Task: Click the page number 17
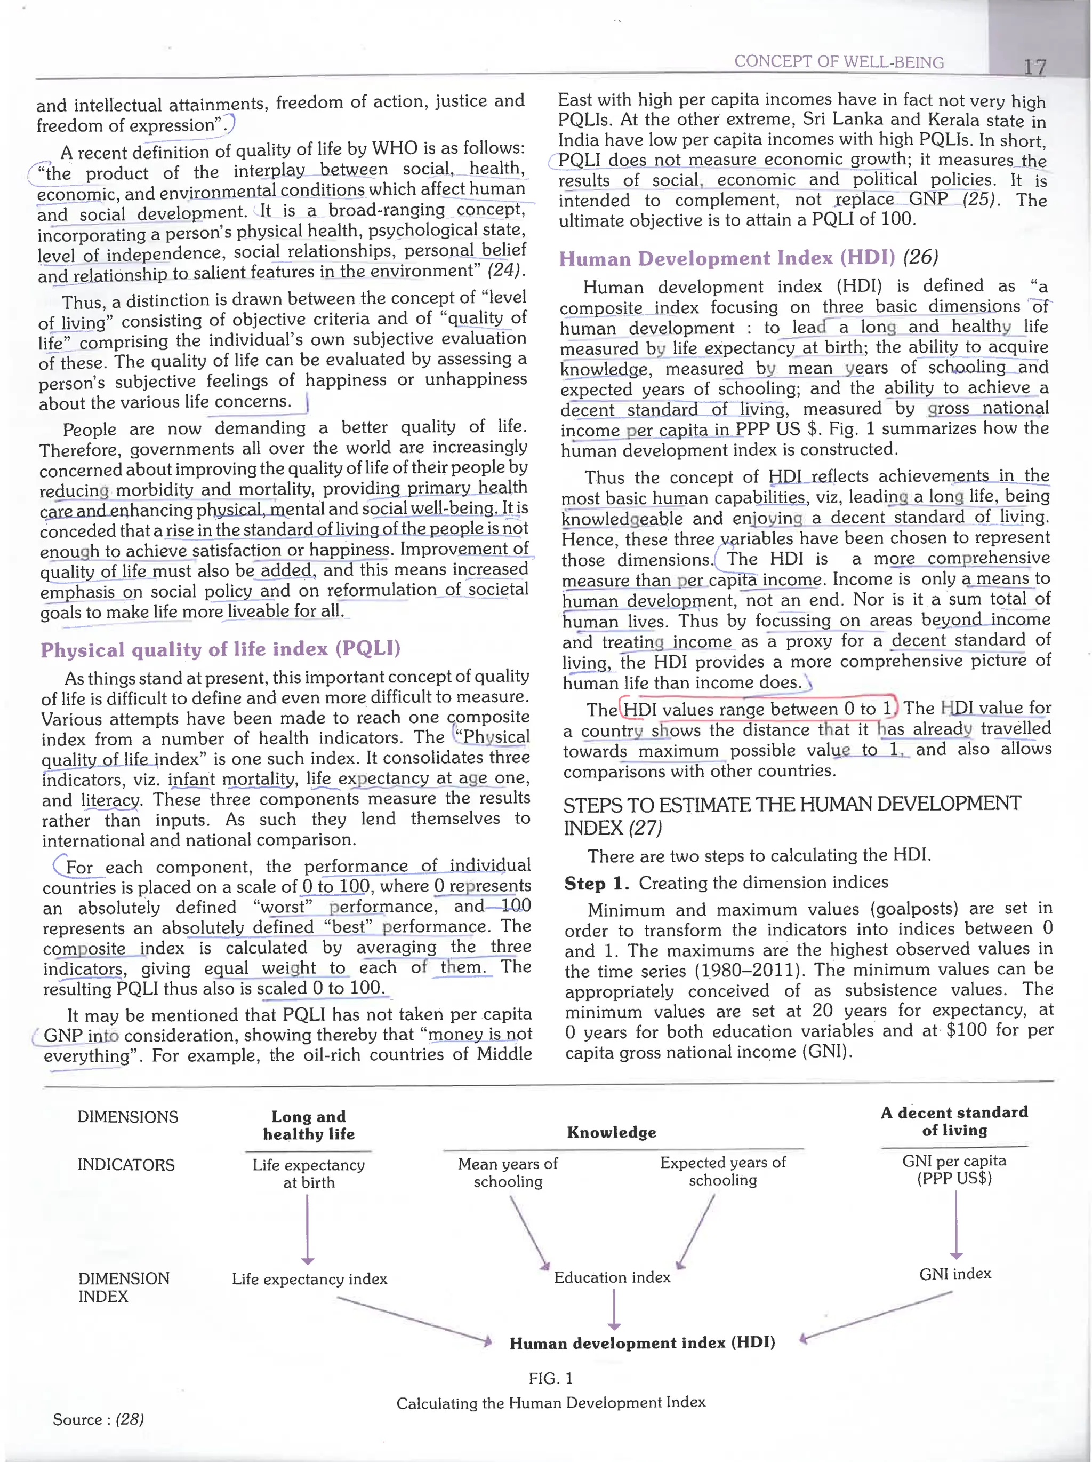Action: (x=1034, y=66)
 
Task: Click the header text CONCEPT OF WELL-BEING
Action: (x=838, y=61)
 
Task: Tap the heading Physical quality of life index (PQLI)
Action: (x=221, y=649)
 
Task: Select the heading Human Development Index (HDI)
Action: (x=727, y=258)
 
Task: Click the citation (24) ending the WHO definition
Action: (x=505, y=271)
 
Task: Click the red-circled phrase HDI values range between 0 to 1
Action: (x=757, y=709)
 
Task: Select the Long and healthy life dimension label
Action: (x=309, y=1125)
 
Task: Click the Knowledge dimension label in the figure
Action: (x=611, y=1132)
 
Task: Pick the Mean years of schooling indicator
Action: (x=508, y=1172)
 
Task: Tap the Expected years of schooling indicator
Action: (x=722, y=1171)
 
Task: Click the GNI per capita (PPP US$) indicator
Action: (x=954, y=1169)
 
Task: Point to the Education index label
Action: (x=612, y=1277)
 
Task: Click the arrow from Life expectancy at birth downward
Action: (x=307, y=1229)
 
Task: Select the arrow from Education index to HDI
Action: (x=614, y=1310)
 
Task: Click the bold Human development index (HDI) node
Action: (x=642, y=1343)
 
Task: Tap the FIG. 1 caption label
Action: (x=550, y=1378)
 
